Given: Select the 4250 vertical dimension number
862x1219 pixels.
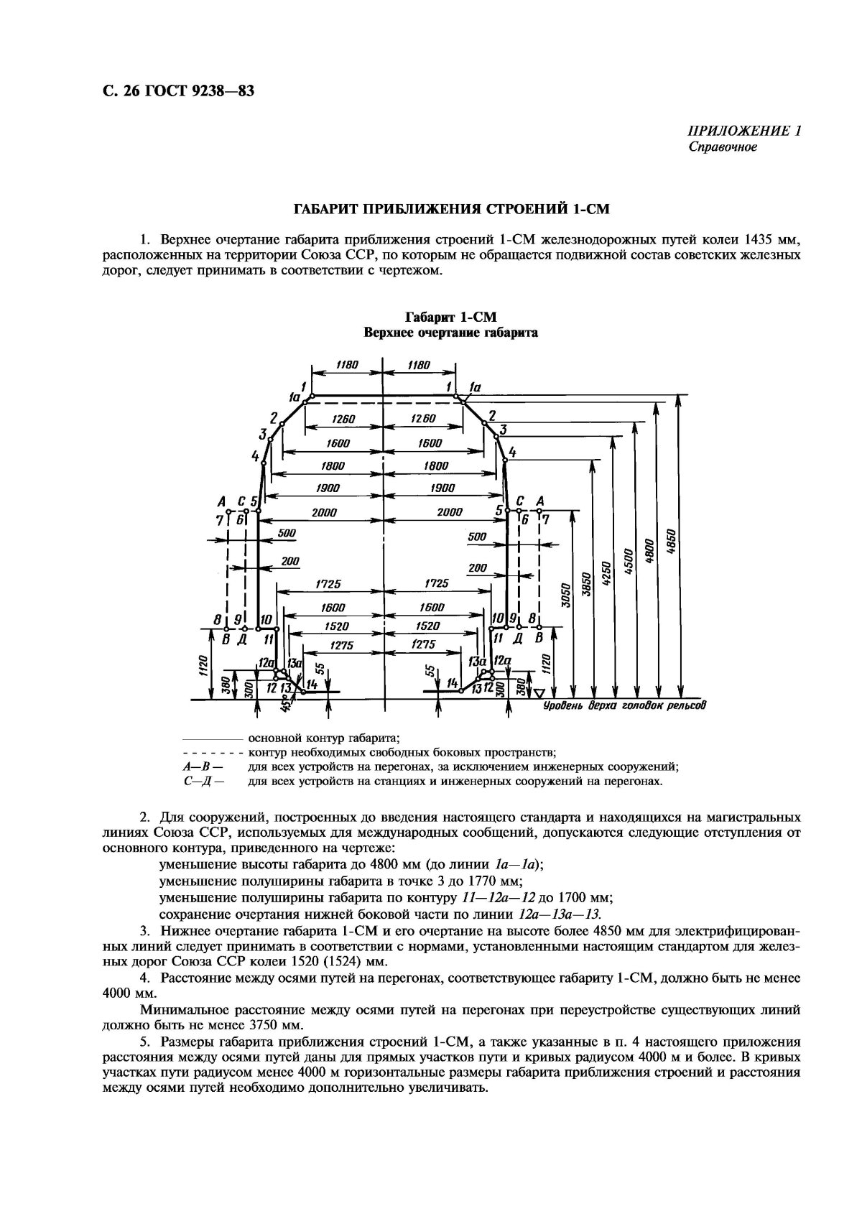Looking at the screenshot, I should click(x=606, y=574).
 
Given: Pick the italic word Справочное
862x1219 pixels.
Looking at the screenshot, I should click(x=723, y=147).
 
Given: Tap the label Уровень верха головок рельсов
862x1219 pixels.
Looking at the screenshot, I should click(x=624, y=705).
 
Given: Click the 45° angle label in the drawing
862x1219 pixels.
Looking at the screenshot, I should click(x=287, y=707).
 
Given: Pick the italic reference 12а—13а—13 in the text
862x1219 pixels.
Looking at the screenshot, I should click(x=559, y=914).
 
